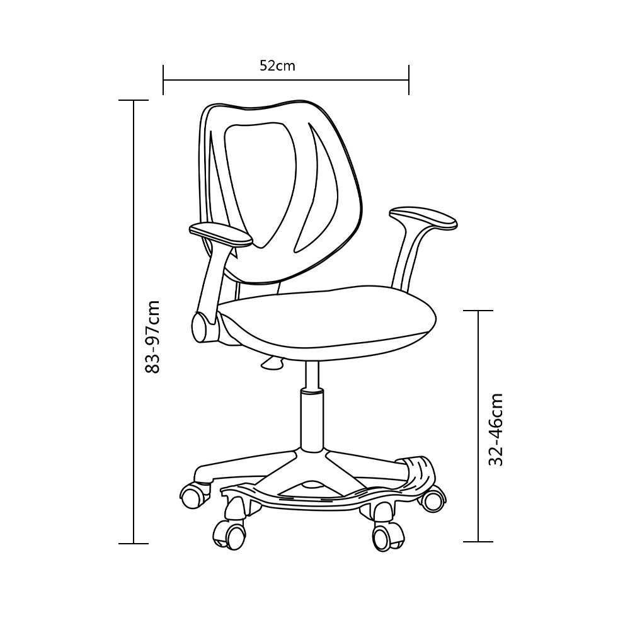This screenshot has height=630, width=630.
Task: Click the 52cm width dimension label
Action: pos(277,66)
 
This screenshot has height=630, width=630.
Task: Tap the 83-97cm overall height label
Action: pos(153,336)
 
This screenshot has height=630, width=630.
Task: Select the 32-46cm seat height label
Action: pos(496,430)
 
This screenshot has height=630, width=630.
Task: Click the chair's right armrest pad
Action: pos(423,218)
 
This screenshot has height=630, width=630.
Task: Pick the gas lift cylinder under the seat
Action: pos(312,406)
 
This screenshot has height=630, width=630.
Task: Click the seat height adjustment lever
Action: pos(273,363)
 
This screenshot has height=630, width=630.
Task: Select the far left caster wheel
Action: pos(195,495)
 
